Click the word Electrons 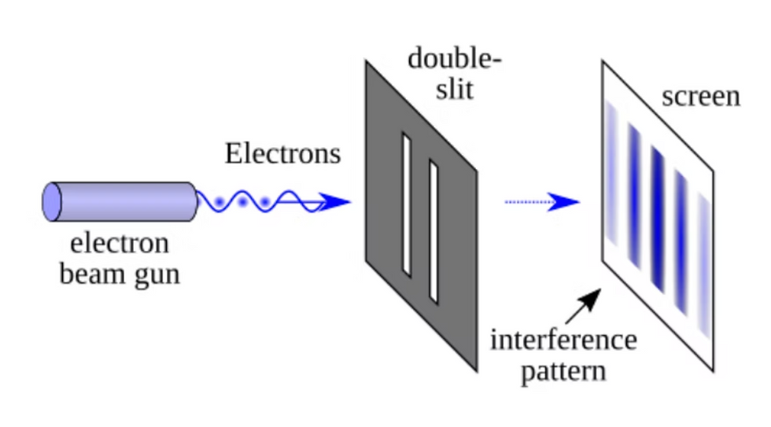[282, 153]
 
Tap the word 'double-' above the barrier [455, 59]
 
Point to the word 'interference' [563, 340]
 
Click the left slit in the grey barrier [406, 204]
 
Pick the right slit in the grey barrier [433, 231]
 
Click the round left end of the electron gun [52, 201]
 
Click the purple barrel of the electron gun [126, 201]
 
